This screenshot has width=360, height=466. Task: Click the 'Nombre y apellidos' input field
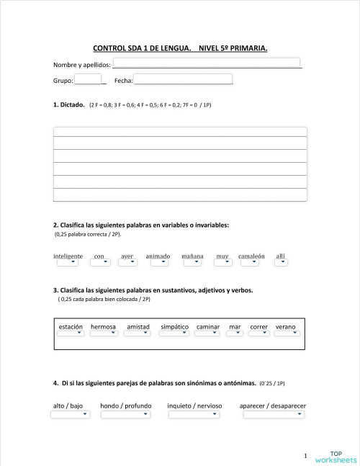tap(207, 63)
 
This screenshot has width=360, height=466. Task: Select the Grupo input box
tap(88, 79)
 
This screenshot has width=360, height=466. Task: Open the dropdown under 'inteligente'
tap(68, 262)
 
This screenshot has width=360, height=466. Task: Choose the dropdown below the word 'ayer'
tap(127, 262)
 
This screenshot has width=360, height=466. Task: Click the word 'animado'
tap(158, 256)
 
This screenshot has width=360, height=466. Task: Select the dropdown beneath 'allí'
tap(281, 262)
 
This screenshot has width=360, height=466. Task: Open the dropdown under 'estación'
tap(71, 333)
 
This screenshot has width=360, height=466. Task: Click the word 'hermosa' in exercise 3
tap(104, 327)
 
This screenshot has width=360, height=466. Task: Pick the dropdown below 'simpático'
tap(174, 333)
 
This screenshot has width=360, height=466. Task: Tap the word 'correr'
tap(258, 327)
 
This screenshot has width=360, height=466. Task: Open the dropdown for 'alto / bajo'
tap(70, 413)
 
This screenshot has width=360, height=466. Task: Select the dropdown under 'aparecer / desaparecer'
tap(272, 413)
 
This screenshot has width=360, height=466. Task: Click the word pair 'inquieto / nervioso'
tap(194, 405)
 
